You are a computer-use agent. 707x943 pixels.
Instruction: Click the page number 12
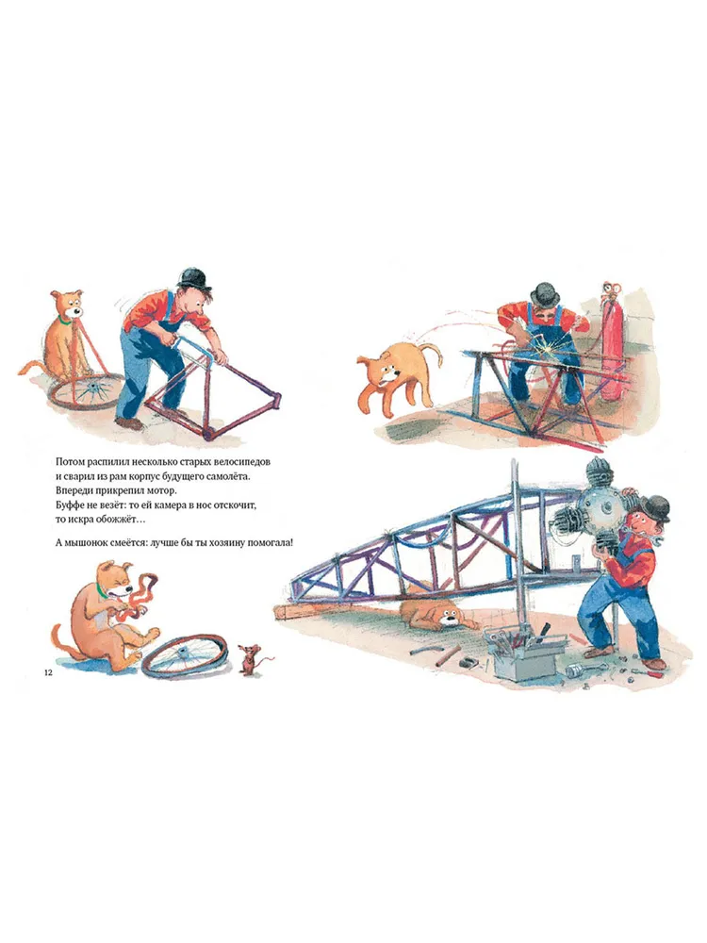48,673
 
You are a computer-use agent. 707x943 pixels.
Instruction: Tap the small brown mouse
246,657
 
